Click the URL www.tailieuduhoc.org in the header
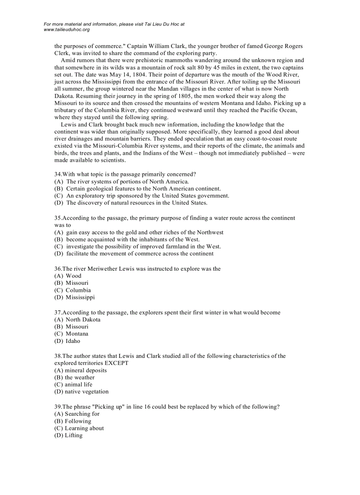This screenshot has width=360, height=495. coord(67,30)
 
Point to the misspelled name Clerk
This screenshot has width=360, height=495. coord(62,53)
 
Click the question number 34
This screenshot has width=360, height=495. coord(58,174)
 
